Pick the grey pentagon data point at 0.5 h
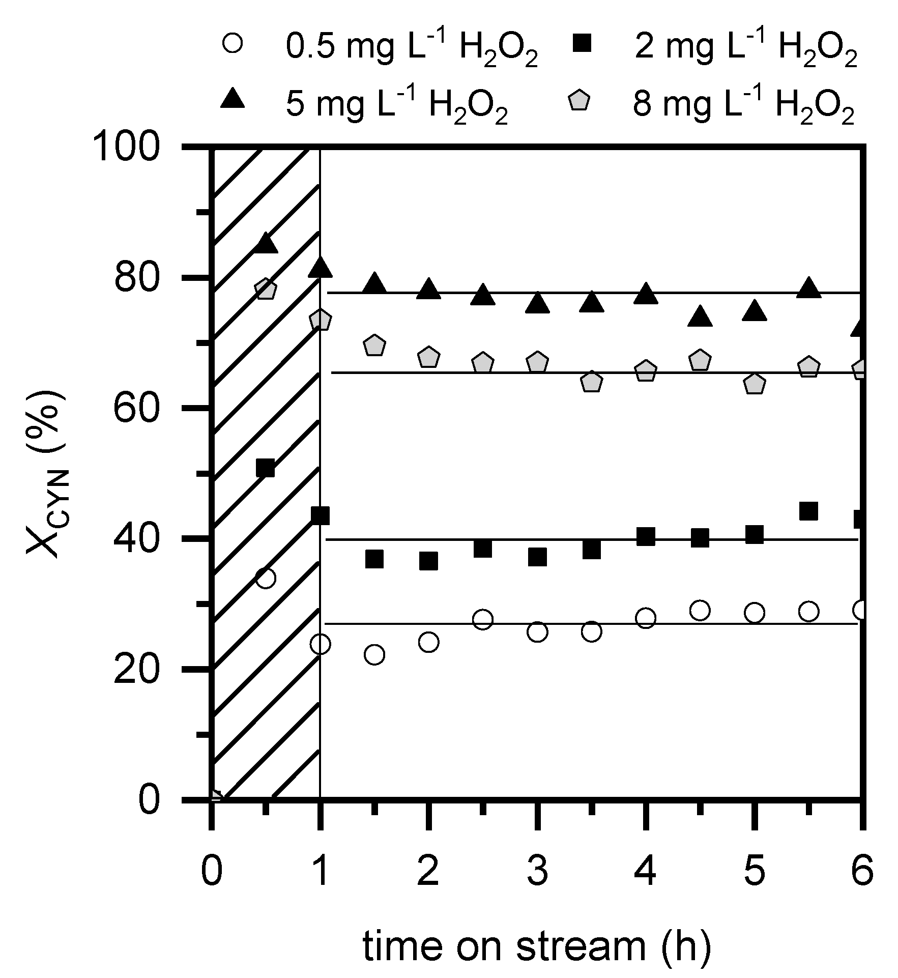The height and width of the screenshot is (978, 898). pos(265,290)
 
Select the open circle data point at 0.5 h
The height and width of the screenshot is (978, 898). pos(266,579)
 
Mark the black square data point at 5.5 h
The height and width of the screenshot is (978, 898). pos(808,511)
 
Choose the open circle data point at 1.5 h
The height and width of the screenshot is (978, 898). pos(374,655)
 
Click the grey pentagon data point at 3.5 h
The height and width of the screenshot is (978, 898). pos(591,382)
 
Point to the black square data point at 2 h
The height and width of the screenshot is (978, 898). pos(428,561)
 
